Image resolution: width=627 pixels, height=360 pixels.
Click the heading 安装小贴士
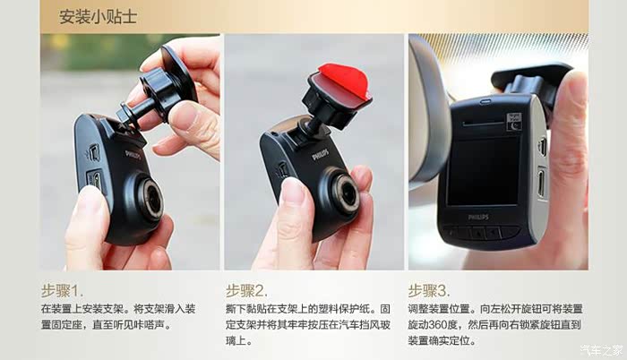coord(98,16)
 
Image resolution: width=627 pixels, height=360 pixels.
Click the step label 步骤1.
coord(63,291)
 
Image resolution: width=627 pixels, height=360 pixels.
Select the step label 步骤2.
coord(246,291)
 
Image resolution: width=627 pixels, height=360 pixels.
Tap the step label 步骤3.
coord(429,291)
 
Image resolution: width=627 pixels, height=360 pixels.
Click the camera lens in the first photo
coord(150,199)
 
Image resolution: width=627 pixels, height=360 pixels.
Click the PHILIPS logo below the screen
coord(478,218)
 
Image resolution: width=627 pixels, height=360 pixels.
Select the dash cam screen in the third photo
coord(483,171)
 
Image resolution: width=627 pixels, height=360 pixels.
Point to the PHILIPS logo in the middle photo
coord(321,154)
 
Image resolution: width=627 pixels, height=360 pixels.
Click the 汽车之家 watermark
coord(601,350)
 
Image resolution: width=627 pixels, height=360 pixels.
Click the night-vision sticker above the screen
coord(514,122)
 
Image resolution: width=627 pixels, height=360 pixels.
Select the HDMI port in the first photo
coord(95,181)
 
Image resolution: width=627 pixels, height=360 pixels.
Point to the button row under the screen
coord(480,232)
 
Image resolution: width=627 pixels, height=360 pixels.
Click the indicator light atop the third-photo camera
coord(485,101)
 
